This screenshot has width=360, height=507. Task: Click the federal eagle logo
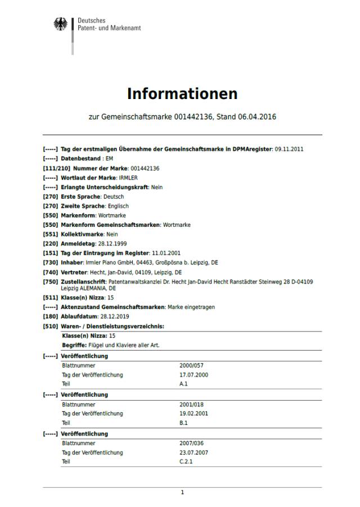(60, 24)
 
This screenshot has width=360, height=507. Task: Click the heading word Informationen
(182, 93)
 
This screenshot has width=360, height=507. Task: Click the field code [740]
(50, 272)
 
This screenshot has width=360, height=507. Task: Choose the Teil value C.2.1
(186, 461)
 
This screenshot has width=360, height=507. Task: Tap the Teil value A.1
(183, 383)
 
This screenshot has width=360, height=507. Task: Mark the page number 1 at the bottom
(182, 492)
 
